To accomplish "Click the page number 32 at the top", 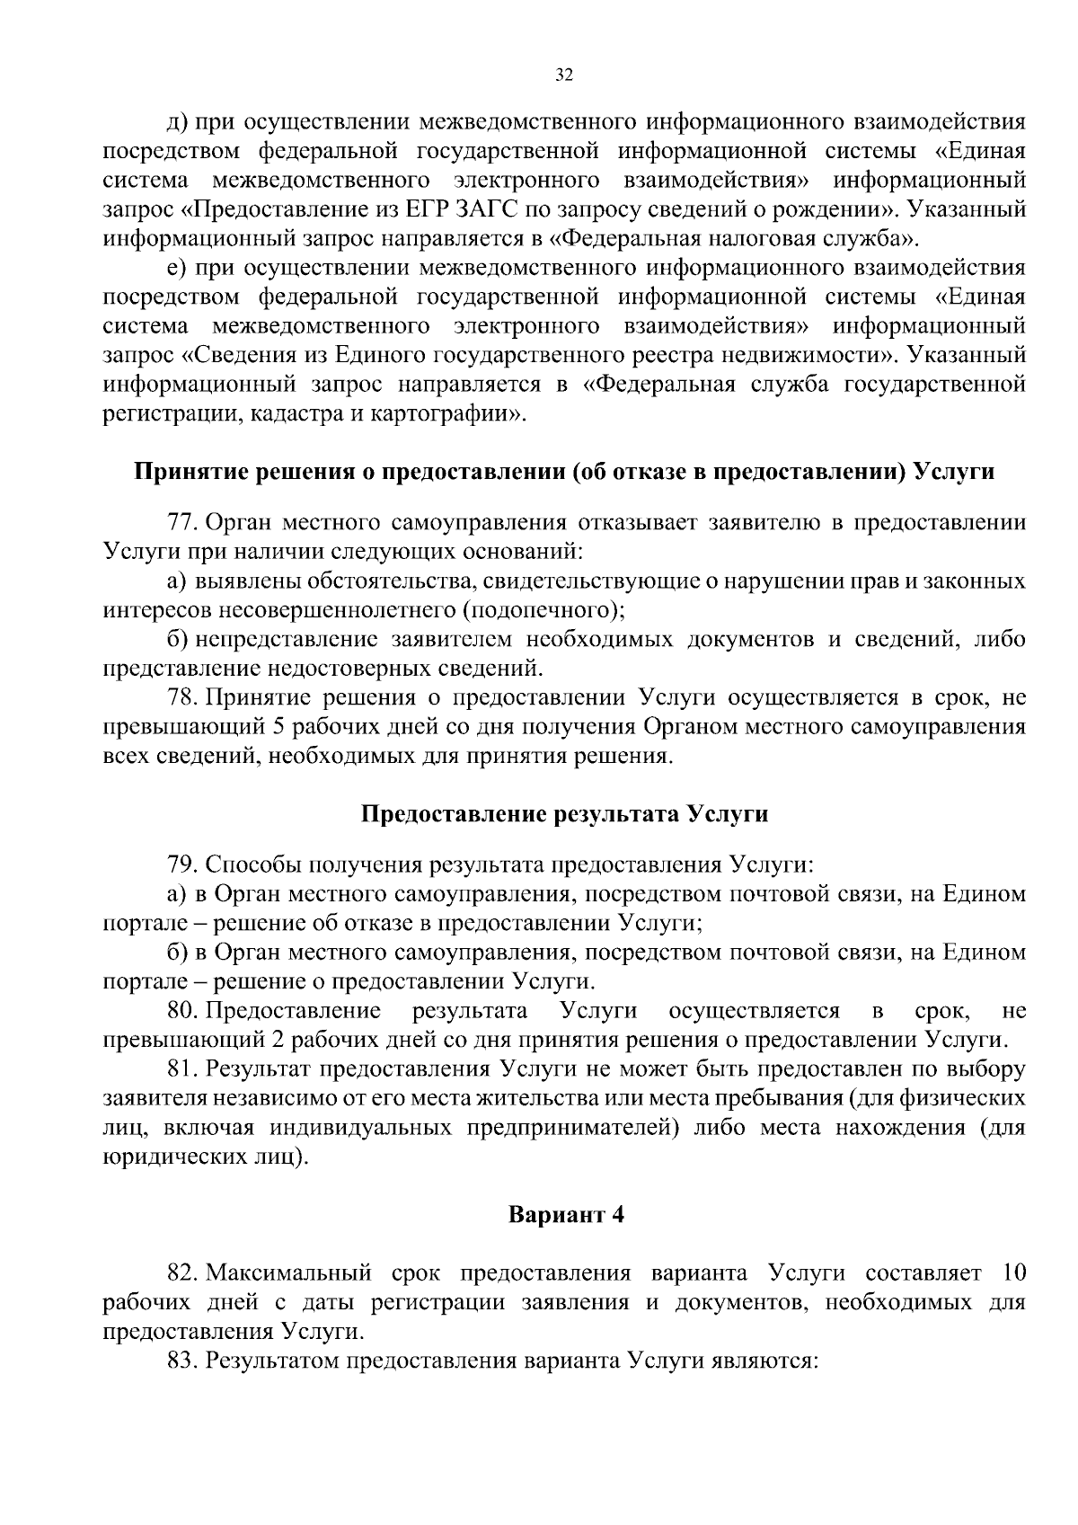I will (563, 75).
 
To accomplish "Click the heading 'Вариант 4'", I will (565, 1215).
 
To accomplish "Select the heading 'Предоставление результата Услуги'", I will (565, 814).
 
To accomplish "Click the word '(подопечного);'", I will (543, 610).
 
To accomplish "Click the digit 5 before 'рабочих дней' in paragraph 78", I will (278, 726).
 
